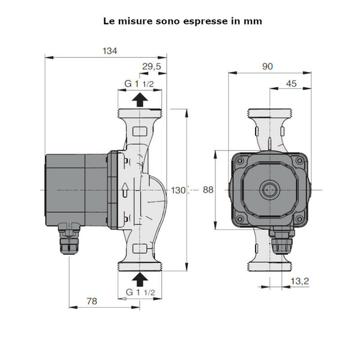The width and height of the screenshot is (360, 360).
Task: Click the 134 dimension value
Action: point(109,51)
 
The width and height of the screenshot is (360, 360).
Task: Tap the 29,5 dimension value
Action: point(152,67)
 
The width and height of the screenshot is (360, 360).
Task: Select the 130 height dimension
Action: point(178,190)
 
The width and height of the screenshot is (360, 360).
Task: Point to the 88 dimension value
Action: point(208,190)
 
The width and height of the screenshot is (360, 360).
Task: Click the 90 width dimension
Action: point(267,67)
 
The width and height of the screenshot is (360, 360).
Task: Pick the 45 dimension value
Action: point(291,84)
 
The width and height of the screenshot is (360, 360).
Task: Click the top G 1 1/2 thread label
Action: point(140,83)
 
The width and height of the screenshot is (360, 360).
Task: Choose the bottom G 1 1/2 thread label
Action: point(140,292)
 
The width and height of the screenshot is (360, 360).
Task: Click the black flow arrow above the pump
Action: point(139,100)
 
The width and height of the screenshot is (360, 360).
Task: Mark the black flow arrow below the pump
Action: point(140,278)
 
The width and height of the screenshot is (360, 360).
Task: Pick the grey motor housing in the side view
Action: point(76,190)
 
